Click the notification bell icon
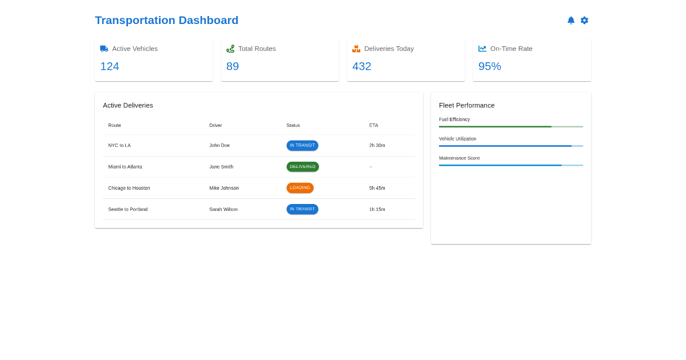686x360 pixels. tap(571, 21)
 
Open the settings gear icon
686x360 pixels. tap(584, 21)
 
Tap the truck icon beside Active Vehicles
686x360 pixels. tap(104, 49)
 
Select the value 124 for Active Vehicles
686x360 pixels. tap(110, 66)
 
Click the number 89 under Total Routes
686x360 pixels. tap(233, 66)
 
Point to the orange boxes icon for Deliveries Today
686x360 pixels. tap(356, 49)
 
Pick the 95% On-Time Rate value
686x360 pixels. tap(490, 66)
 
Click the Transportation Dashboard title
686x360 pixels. tap(166, 21)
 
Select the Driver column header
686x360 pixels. tap(216, 125)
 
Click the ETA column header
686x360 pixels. tap(373, 125)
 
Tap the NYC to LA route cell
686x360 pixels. tap(119, 145)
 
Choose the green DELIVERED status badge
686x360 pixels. tap(302, 167)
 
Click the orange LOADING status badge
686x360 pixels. tap(300, 188)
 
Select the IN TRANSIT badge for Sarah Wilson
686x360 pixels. tap(302, 209)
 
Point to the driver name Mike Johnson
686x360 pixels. tap(224, 188)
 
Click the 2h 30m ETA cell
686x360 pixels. tap(377, 145)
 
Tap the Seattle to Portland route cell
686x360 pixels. tap(128, 209)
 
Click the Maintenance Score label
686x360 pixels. tap(460, 158)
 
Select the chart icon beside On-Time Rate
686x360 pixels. tap(482, 49)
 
